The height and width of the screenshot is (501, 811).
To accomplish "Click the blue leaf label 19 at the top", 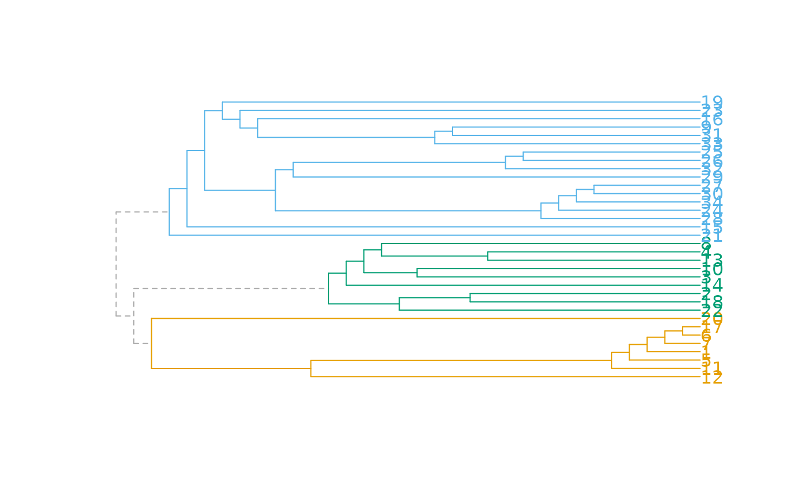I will pyautogui.click(x=711, y=102).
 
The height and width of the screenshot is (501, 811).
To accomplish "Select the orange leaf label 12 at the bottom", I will pyautogui.click(x=711, y=377).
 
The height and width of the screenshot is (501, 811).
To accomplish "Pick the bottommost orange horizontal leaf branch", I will pyautogui.click(x=504, y=377).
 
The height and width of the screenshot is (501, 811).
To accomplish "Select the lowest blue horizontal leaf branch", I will pyautogui.click(x=434, y=235).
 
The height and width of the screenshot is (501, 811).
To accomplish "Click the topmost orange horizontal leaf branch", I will pyautogui.click(x=423, y=319).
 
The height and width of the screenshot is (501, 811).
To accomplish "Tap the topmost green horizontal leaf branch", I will pyautogui.click(x=539, y=244).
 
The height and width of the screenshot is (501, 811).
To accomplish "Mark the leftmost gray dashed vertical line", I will pyautogui.click(x=116, y=264).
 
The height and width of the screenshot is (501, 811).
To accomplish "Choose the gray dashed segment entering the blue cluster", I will pyautogui.click(x=142, y=212).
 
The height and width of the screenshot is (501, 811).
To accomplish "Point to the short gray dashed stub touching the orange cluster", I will pyautogui.click(x=143, y=344).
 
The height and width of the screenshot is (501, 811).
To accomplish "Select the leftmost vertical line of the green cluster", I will pyautogui.click(x=328, y=289).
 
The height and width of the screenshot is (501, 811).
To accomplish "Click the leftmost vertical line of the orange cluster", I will pyautogui.click(x=151, y=344).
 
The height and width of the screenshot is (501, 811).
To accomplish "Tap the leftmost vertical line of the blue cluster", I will pyautogui.click(x=169, y=212).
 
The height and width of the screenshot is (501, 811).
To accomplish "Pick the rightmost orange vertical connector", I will pyautogui.click(x=682, y=331).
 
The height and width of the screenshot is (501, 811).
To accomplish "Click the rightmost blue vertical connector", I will pyautogui.click(x=594, y=189).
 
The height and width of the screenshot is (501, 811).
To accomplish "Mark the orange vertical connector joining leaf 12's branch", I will pyautogui.click(x=310, y=369).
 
